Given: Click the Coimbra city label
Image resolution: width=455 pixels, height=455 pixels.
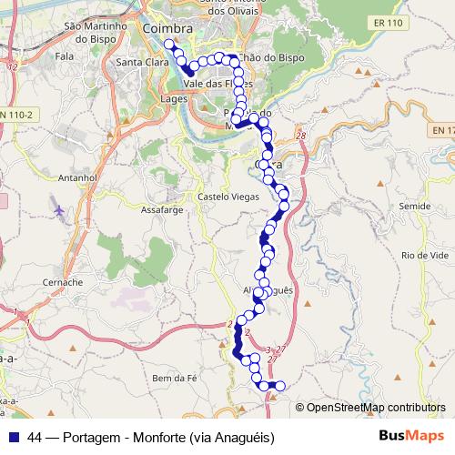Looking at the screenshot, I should click(167, 30).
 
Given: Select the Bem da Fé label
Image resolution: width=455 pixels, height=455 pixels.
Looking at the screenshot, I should click(173, 378).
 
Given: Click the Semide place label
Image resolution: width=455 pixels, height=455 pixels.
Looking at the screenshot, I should click(414, 207).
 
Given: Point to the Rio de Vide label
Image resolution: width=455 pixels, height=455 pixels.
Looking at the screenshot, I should click(420, 256).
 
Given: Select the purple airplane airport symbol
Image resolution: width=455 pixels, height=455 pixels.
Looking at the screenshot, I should click(60, 212).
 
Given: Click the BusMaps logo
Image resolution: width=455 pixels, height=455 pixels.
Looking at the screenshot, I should click(411, 437).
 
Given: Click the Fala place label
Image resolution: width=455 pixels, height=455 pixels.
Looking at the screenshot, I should click(64, 56).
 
